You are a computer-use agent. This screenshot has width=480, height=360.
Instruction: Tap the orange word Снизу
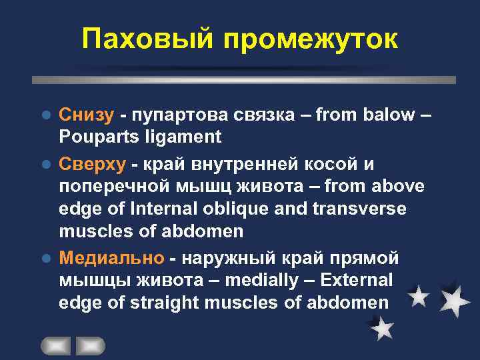[86, 114]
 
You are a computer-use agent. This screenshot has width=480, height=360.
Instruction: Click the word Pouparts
[96, 137]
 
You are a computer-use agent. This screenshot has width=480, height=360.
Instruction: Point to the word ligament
[180, 137]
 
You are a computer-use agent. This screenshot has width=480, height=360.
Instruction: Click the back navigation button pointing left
[56, 346]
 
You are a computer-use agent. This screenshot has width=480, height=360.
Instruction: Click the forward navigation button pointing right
[90, 346]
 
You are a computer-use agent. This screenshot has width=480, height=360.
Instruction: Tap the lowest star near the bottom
[381, 328]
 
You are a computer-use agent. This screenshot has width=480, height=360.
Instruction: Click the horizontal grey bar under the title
[244, 79]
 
